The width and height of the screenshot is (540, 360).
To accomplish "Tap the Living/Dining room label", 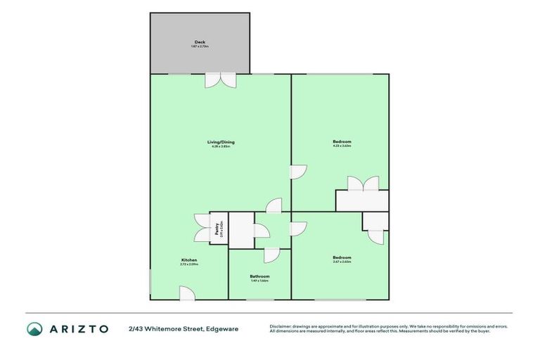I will (x=220, y=143).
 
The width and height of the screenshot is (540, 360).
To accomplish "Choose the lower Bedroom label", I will (x=342, y=258).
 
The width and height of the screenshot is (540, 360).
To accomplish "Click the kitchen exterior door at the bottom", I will (x=186, y=293).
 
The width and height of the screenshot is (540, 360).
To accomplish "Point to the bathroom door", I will (x=272, y=255).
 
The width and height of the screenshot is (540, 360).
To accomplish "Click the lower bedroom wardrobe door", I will (x=376, y=236).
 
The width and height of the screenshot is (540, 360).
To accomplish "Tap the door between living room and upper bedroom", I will (x=299, y=172).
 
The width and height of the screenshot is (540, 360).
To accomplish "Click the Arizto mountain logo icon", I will (x=34, y=328).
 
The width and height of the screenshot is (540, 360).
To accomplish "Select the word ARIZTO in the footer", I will (x=78, y=328).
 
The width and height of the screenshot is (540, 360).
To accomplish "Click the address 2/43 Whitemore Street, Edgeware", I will (x=183, y=328).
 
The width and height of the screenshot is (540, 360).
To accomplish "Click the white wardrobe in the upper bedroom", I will (x=361, y=201).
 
